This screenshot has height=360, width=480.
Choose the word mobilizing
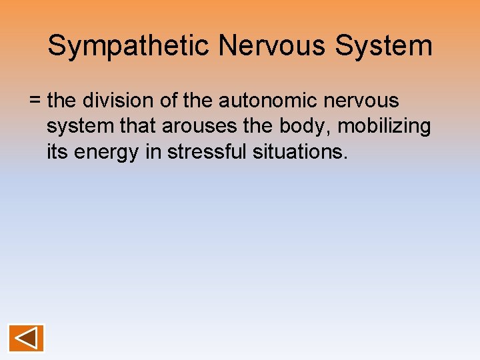pos(385,127)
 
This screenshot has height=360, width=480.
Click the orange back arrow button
pos(26,338)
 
